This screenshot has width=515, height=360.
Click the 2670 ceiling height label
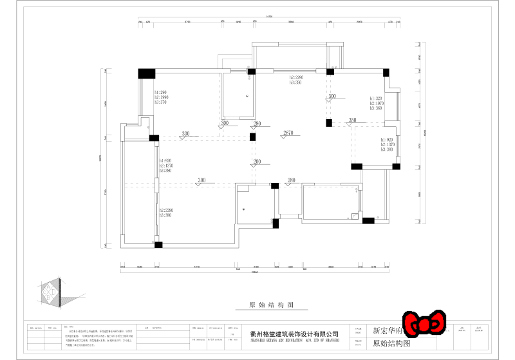[288, 133]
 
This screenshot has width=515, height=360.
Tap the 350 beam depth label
[352, 120]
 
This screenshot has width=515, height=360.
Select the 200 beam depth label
[257, 162]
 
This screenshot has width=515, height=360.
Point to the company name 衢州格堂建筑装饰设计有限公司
[294, 334]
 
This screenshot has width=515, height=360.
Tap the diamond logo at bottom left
[50, 292]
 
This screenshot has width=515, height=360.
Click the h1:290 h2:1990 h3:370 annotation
[160, 97]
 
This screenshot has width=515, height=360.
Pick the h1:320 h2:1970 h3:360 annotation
[377, 103]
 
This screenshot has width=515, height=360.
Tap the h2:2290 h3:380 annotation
[165, 212]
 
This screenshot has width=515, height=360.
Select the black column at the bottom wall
[158, 245]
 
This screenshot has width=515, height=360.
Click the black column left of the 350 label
[329, 122]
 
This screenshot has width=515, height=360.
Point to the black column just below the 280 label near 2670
[253, 137]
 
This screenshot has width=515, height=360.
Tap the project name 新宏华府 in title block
[386, 331]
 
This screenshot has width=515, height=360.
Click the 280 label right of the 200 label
[291, 180]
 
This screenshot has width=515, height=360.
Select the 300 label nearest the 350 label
[332, 97]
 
